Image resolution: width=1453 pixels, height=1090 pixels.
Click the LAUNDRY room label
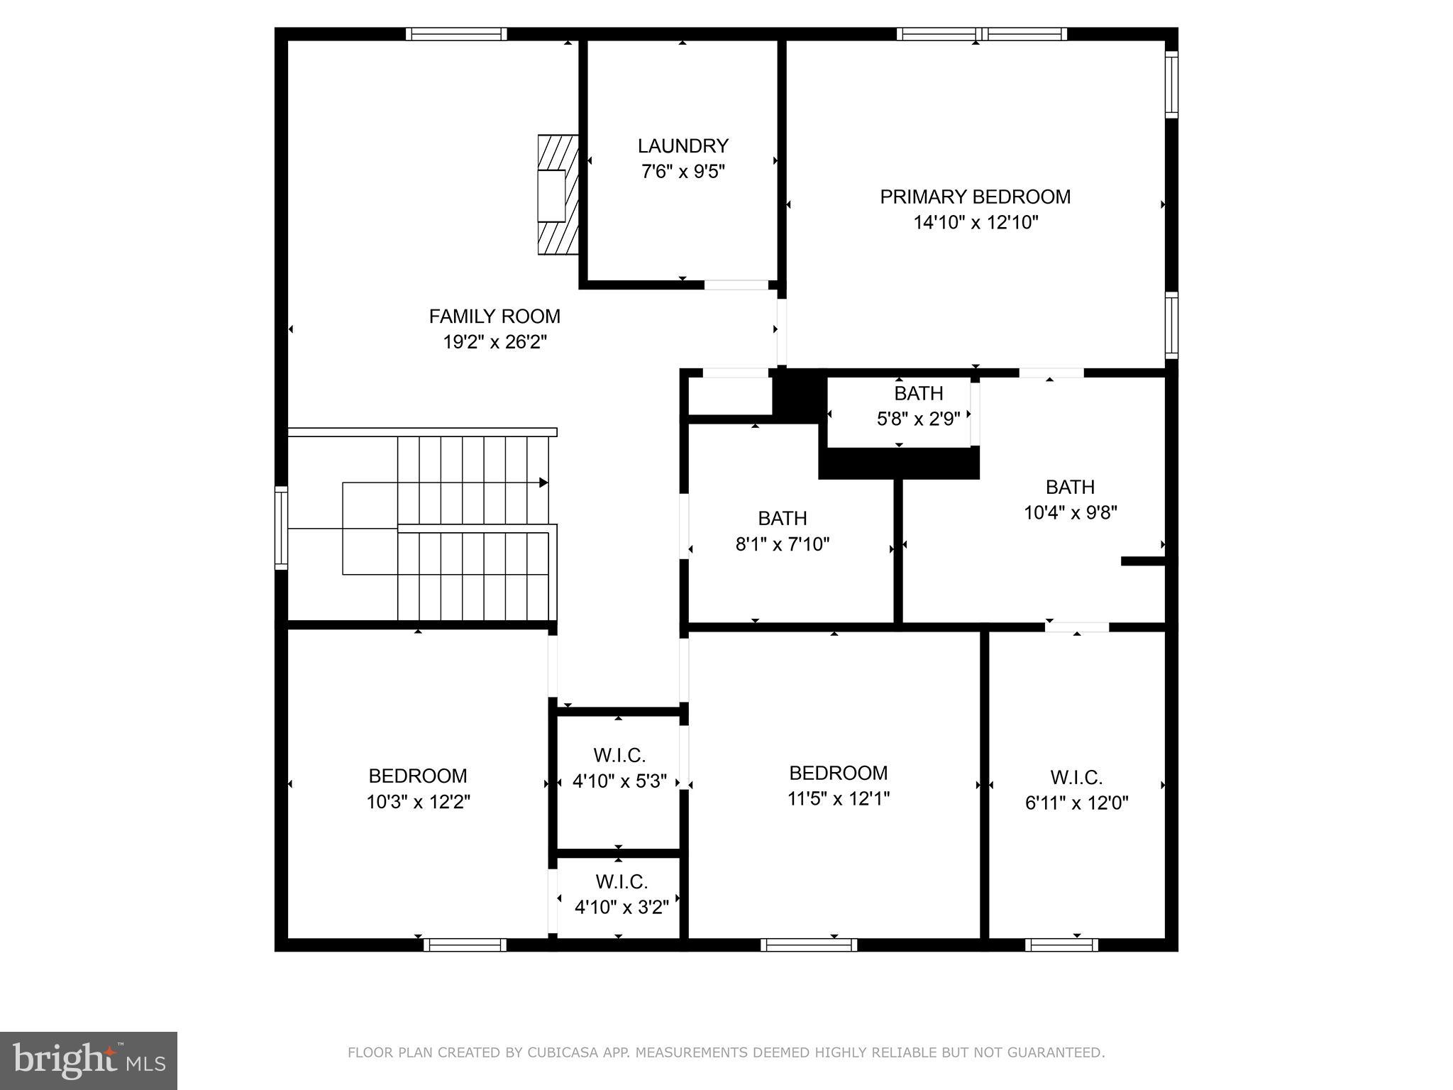pyautogui.click(x=683, y=146)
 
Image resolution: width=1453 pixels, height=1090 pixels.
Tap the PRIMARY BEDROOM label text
pyautogui.click(x=975, y=197)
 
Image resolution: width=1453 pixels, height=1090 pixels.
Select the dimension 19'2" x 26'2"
pyautogui.click(x=495, y=342)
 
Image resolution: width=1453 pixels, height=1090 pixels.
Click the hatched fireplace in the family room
pyautogui.click(x=558, y=195)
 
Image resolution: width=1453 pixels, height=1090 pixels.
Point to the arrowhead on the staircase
pyautogui.click(x=544, y=483)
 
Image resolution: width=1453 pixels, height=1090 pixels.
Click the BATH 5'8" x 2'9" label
pyautogui.click(x=918, y=393)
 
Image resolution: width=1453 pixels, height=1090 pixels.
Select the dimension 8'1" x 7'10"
pyautogui.click(x=782, y=544)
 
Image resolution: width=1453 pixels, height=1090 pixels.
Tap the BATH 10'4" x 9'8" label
pyautogui.click(x=1070, y=487)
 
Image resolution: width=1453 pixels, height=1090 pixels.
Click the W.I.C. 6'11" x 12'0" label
pyautogui.click(x=1076, y=778)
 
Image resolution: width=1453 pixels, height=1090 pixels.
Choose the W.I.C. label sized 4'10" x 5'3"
pyautogui.click(x=619, y=755)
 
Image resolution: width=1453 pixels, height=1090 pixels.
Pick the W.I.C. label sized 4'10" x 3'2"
pyautogui.click(x=621, y=882)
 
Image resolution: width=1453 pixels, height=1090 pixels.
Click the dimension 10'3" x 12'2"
pyautogui.click(x=418, y=802)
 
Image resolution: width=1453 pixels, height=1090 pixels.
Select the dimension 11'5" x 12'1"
pyautogui.click(x=838, y=799)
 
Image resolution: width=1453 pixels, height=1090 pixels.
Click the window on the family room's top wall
pyautogui.click(x=456, y=34)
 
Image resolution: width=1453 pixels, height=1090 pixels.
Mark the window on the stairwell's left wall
pyautogui.click(x=281, y=527)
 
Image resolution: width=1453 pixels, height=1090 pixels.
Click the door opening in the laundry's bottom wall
pyautogui.click(x=736, y=285)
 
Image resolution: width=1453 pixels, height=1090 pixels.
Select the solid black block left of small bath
pyautogui.click(x=799, y=396)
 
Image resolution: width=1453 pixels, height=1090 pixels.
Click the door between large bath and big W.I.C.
pyautogui.click(x=1076, y=627)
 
